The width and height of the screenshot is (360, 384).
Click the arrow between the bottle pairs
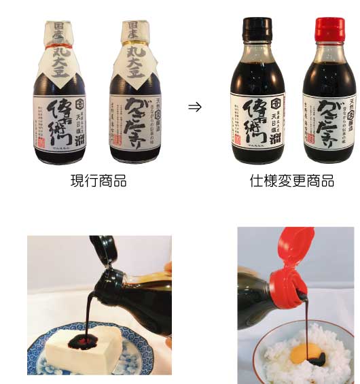tap(194, 107)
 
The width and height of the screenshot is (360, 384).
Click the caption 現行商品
tap(98, 181)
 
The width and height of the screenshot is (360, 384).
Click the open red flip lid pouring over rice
tap(291, 251)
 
